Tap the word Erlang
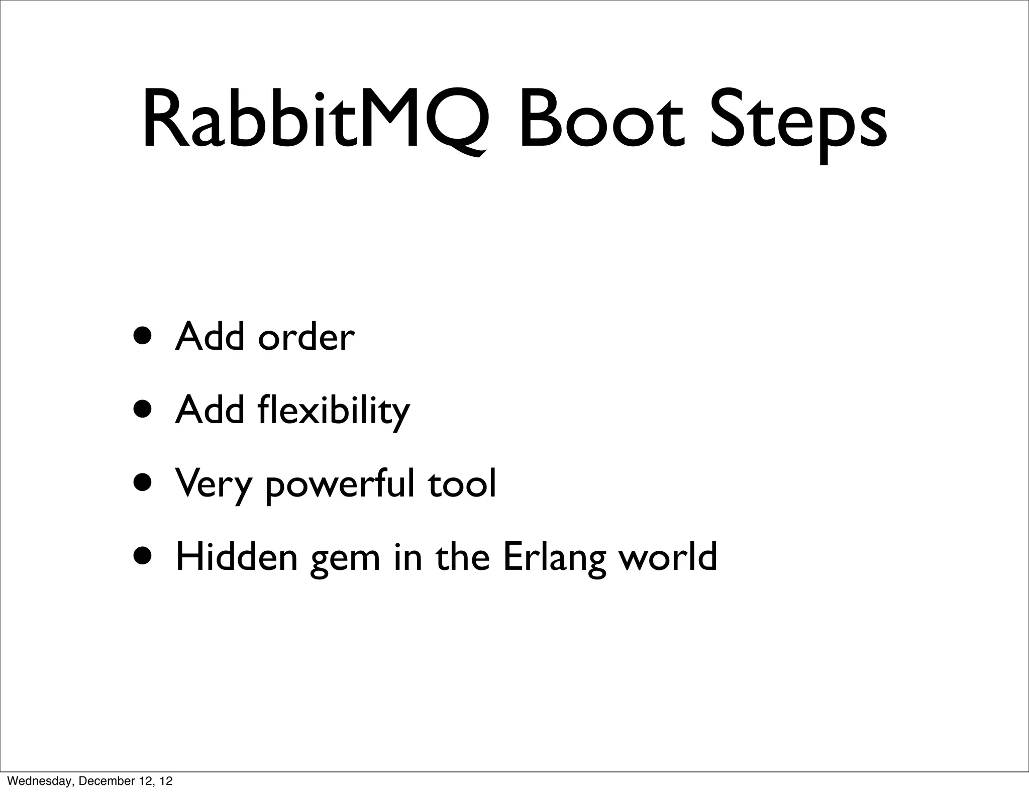point(554,557)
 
